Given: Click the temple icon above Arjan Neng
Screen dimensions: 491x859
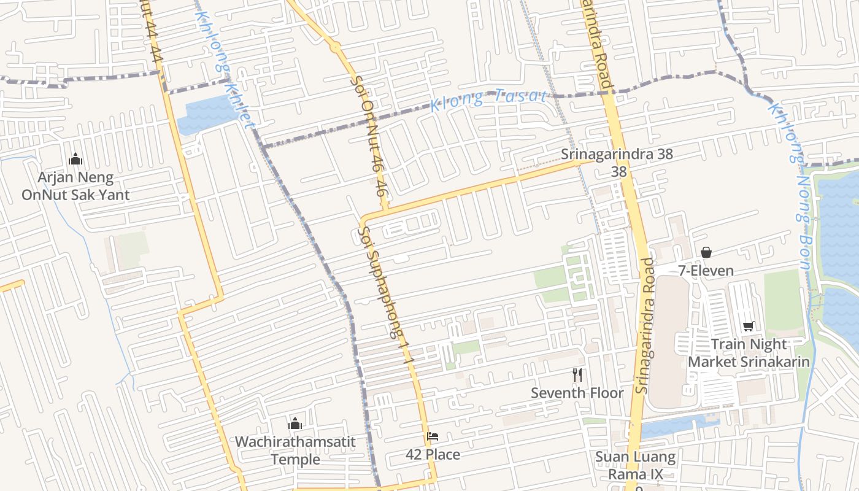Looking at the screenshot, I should (75, 159).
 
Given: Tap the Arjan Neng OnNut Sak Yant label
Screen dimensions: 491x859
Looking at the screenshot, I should (75, 187).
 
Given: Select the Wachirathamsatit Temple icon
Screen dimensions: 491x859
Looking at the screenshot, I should (295, 423).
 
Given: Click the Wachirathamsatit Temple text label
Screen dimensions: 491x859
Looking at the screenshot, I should (295, 450).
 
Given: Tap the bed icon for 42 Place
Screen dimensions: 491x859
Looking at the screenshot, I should (433, 436).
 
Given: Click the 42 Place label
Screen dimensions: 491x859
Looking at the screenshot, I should (433, 455).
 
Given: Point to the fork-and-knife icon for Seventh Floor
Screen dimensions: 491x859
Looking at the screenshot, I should (577, 374).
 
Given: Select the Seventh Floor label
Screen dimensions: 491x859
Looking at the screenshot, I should (577, 393).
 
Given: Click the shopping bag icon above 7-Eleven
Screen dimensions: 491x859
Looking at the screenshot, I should (706, 252).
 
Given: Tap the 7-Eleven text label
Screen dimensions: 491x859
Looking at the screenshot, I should (706, 270).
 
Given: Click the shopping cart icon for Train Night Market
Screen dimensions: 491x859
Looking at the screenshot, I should (748, 326).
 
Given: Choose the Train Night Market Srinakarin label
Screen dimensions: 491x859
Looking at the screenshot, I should (749, 353).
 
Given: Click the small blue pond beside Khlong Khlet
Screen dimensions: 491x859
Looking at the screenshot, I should (206, 115).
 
